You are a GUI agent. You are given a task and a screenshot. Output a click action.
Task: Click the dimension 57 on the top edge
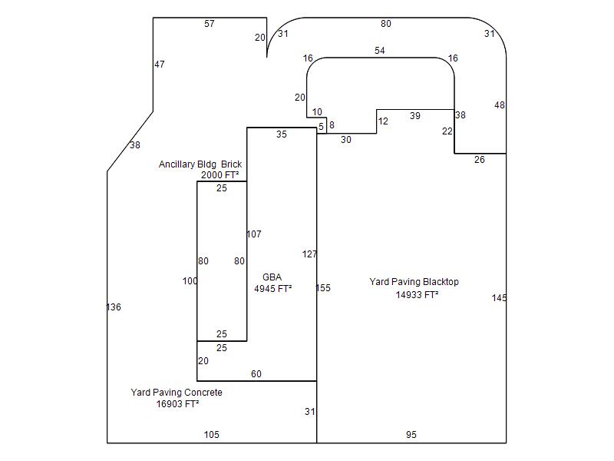tap(210, 24)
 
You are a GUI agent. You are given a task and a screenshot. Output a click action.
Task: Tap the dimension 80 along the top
tap(386, 24)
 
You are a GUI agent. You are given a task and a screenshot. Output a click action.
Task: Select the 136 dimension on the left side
tap(114, 307)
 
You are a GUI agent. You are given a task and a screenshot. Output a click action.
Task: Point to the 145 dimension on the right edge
tap(500, 298)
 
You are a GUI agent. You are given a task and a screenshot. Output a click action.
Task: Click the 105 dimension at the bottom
tap(211, 435)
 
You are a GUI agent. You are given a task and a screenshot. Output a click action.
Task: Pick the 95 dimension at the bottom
tap(411, 435)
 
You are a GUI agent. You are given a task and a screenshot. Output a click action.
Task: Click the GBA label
tap(272, 277)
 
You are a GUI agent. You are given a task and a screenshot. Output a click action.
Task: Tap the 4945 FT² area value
tap(273, 290)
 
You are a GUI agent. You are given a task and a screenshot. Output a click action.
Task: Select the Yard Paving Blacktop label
tap(414, 282)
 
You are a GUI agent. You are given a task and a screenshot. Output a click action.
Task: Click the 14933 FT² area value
tap(418, 294)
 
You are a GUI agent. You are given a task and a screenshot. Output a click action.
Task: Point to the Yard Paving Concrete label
tap(177, 393)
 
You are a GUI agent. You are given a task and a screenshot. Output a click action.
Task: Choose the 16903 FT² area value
tap(178, 404)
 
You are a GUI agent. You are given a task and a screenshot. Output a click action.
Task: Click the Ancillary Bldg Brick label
tap(200, 164)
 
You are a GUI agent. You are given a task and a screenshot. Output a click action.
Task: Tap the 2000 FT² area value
tap(220, 175)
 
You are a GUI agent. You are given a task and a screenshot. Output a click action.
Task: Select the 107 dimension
tap(254, 234)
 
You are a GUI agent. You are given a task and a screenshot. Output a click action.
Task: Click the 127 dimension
tap(309, 254)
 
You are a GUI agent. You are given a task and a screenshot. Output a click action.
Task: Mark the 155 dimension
tap(323, 288)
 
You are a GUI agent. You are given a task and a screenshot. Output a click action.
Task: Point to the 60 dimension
tap(256, 374)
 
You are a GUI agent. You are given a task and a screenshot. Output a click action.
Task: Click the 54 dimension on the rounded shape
tap(380, 51)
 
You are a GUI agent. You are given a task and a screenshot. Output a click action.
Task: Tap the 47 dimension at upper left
tap(160, 65)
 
